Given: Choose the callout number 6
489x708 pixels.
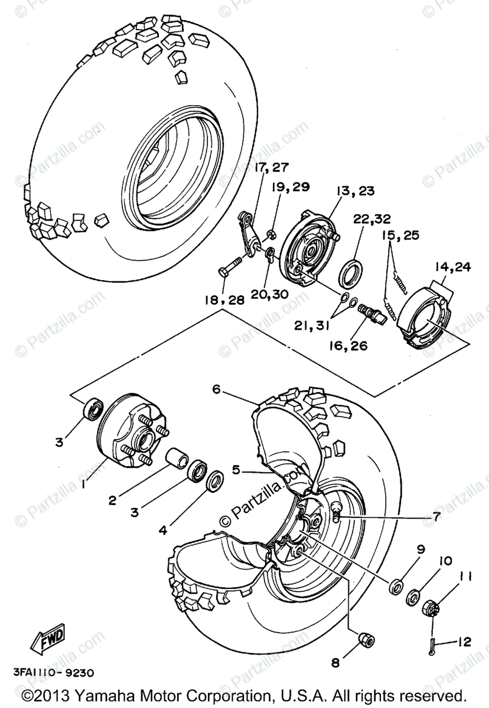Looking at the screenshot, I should pyautogui.click(x=217, y=389).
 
